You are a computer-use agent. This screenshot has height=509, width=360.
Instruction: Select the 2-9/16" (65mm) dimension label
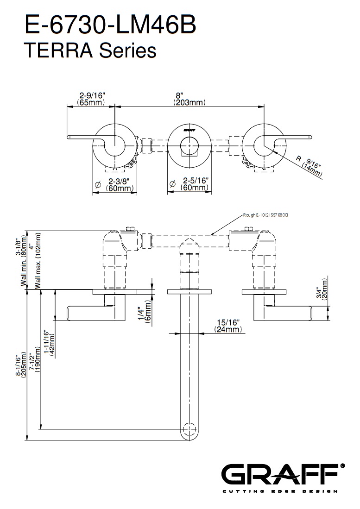pos(91,99)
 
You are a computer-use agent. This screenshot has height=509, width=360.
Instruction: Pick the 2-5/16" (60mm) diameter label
pos(195,184)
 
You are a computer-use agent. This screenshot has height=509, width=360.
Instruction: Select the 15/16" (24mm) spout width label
pos(228,325)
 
